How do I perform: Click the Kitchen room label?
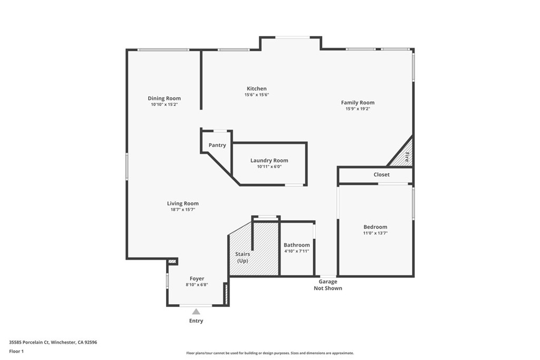256,89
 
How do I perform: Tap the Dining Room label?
164,98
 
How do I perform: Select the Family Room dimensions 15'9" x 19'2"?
358,109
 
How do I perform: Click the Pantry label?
217,145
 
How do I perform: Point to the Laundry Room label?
269,161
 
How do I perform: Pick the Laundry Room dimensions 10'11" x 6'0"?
269,167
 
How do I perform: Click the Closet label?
381,174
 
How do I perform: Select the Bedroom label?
375,227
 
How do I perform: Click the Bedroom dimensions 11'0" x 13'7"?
375,233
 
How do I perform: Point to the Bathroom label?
296,245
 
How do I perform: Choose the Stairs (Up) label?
243,257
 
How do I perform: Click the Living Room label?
182,203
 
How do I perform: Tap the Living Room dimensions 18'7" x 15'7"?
182,210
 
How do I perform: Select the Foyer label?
197,279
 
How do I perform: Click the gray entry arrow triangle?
196,312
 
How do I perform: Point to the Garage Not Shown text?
327,285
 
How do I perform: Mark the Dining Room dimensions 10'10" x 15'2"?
164,104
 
